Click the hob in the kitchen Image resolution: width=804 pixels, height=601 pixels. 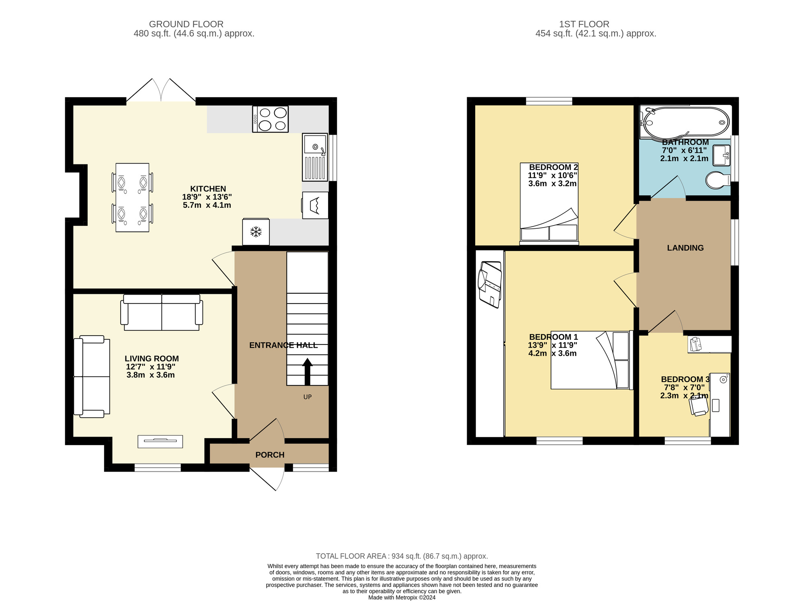point(270,119)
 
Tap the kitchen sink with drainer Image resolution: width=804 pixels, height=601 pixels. point(315,157)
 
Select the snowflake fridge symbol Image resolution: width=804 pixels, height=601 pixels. point(256,232)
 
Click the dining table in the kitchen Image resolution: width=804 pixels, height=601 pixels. point(132,197)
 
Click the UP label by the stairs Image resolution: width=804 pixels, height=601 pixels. point(308,397)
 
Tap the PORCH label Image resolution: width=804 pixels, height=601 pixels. point(270,455)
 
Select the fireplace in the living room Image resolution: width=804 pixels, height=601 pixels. point(160,441)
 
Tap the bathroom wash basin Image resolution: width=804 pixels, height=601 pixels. point(721,156)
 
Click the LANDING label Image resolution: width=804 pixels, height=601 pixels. point(685,248)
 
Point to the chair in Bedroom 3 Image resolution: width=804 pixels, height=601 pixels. point(698,406)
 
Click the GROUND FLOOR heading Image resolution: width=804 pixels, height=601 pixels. point(186,24)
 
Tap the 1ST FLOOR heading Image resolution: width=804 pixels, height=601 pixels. point(584,24)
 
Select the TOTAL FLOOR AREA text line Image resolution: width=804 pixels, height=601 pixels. point(402,556)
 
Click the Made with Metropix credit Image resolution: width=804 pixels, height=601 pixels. point(402,597)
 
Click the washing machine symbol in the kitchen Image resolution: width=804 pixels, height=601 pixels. point(315,205)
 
